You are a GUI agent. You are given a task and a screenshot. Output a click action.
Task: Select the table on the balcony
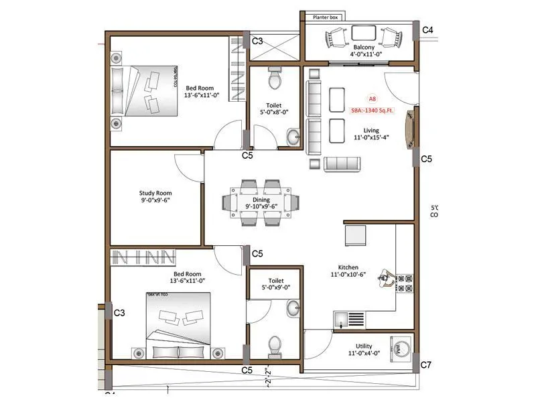coord(362,33)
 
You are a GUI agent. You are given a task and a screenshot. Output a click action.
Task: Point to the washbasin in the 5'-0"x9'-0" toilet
coord(293,309)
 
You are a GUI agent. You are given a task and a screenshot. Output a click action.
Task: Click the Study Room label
coord(155,193)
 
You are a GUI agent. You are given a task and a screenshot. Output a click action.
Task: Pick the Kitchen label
coord(348,267)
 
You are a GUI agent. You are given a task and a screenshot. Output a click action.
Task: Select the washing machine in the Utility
coord(401,349)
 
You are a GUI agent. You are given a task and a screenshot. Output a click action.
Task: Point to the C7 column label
coord(427,365)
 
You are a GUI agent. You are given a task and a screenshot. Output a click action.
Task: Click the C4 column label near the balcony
coord(427,30)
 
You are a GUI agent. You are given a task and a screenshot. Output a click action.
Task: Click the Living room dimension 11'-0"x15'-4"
coord(371,138)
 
